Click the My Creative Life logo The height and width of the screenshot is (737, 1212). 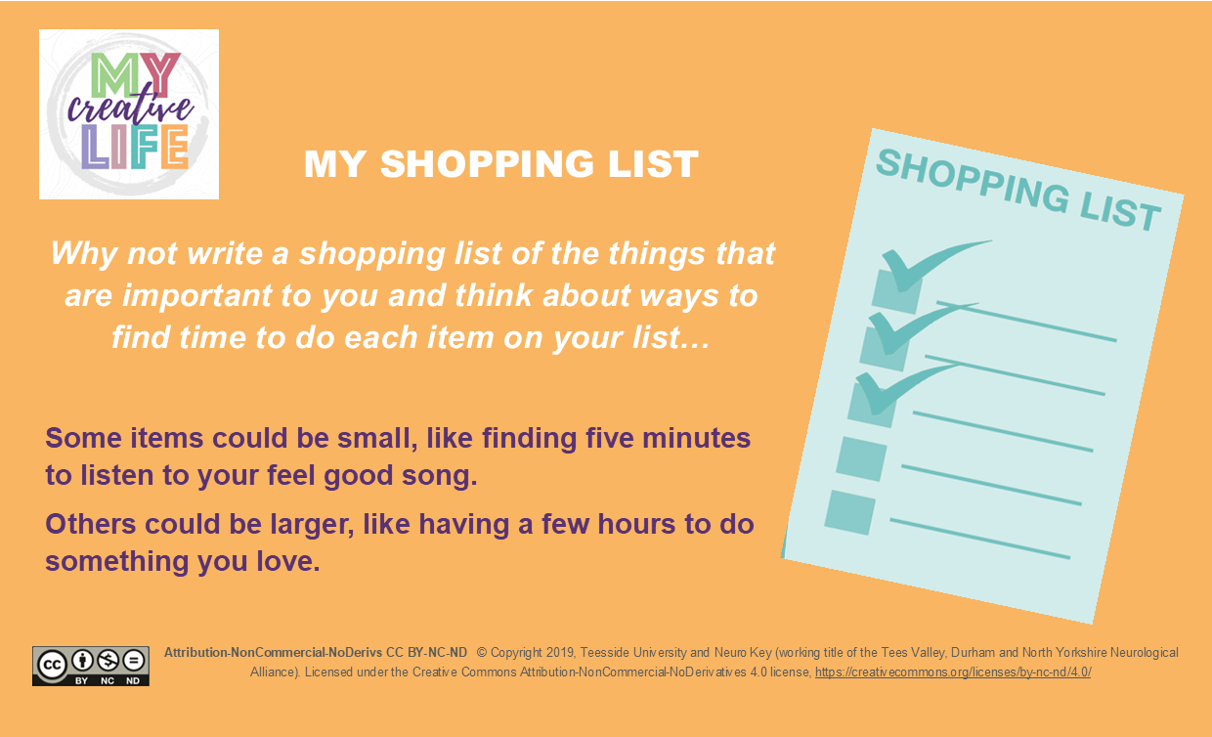click(129, 114)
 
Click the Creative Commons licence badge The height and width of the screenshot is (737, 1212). click(91, 666)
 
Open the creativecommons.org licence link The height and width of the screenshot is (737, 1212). click(953, 672)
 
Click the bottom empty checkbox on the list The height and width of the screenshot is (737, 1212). click(850, 512)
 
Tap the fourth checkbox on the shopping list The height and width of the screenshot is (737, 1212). click(861, 458)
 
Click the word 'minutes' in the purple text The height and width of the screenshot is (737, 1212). click(696, 438)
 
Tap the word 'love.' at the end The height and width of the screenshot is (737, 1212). click(288, 561)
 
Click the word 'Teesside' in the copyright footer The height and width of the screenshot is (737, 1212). click(604, 653)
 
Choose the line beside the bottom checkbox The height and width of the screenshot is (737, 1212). click(980, 539)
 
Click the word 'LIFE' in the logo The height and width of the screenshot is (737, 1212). click(135, 148)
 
